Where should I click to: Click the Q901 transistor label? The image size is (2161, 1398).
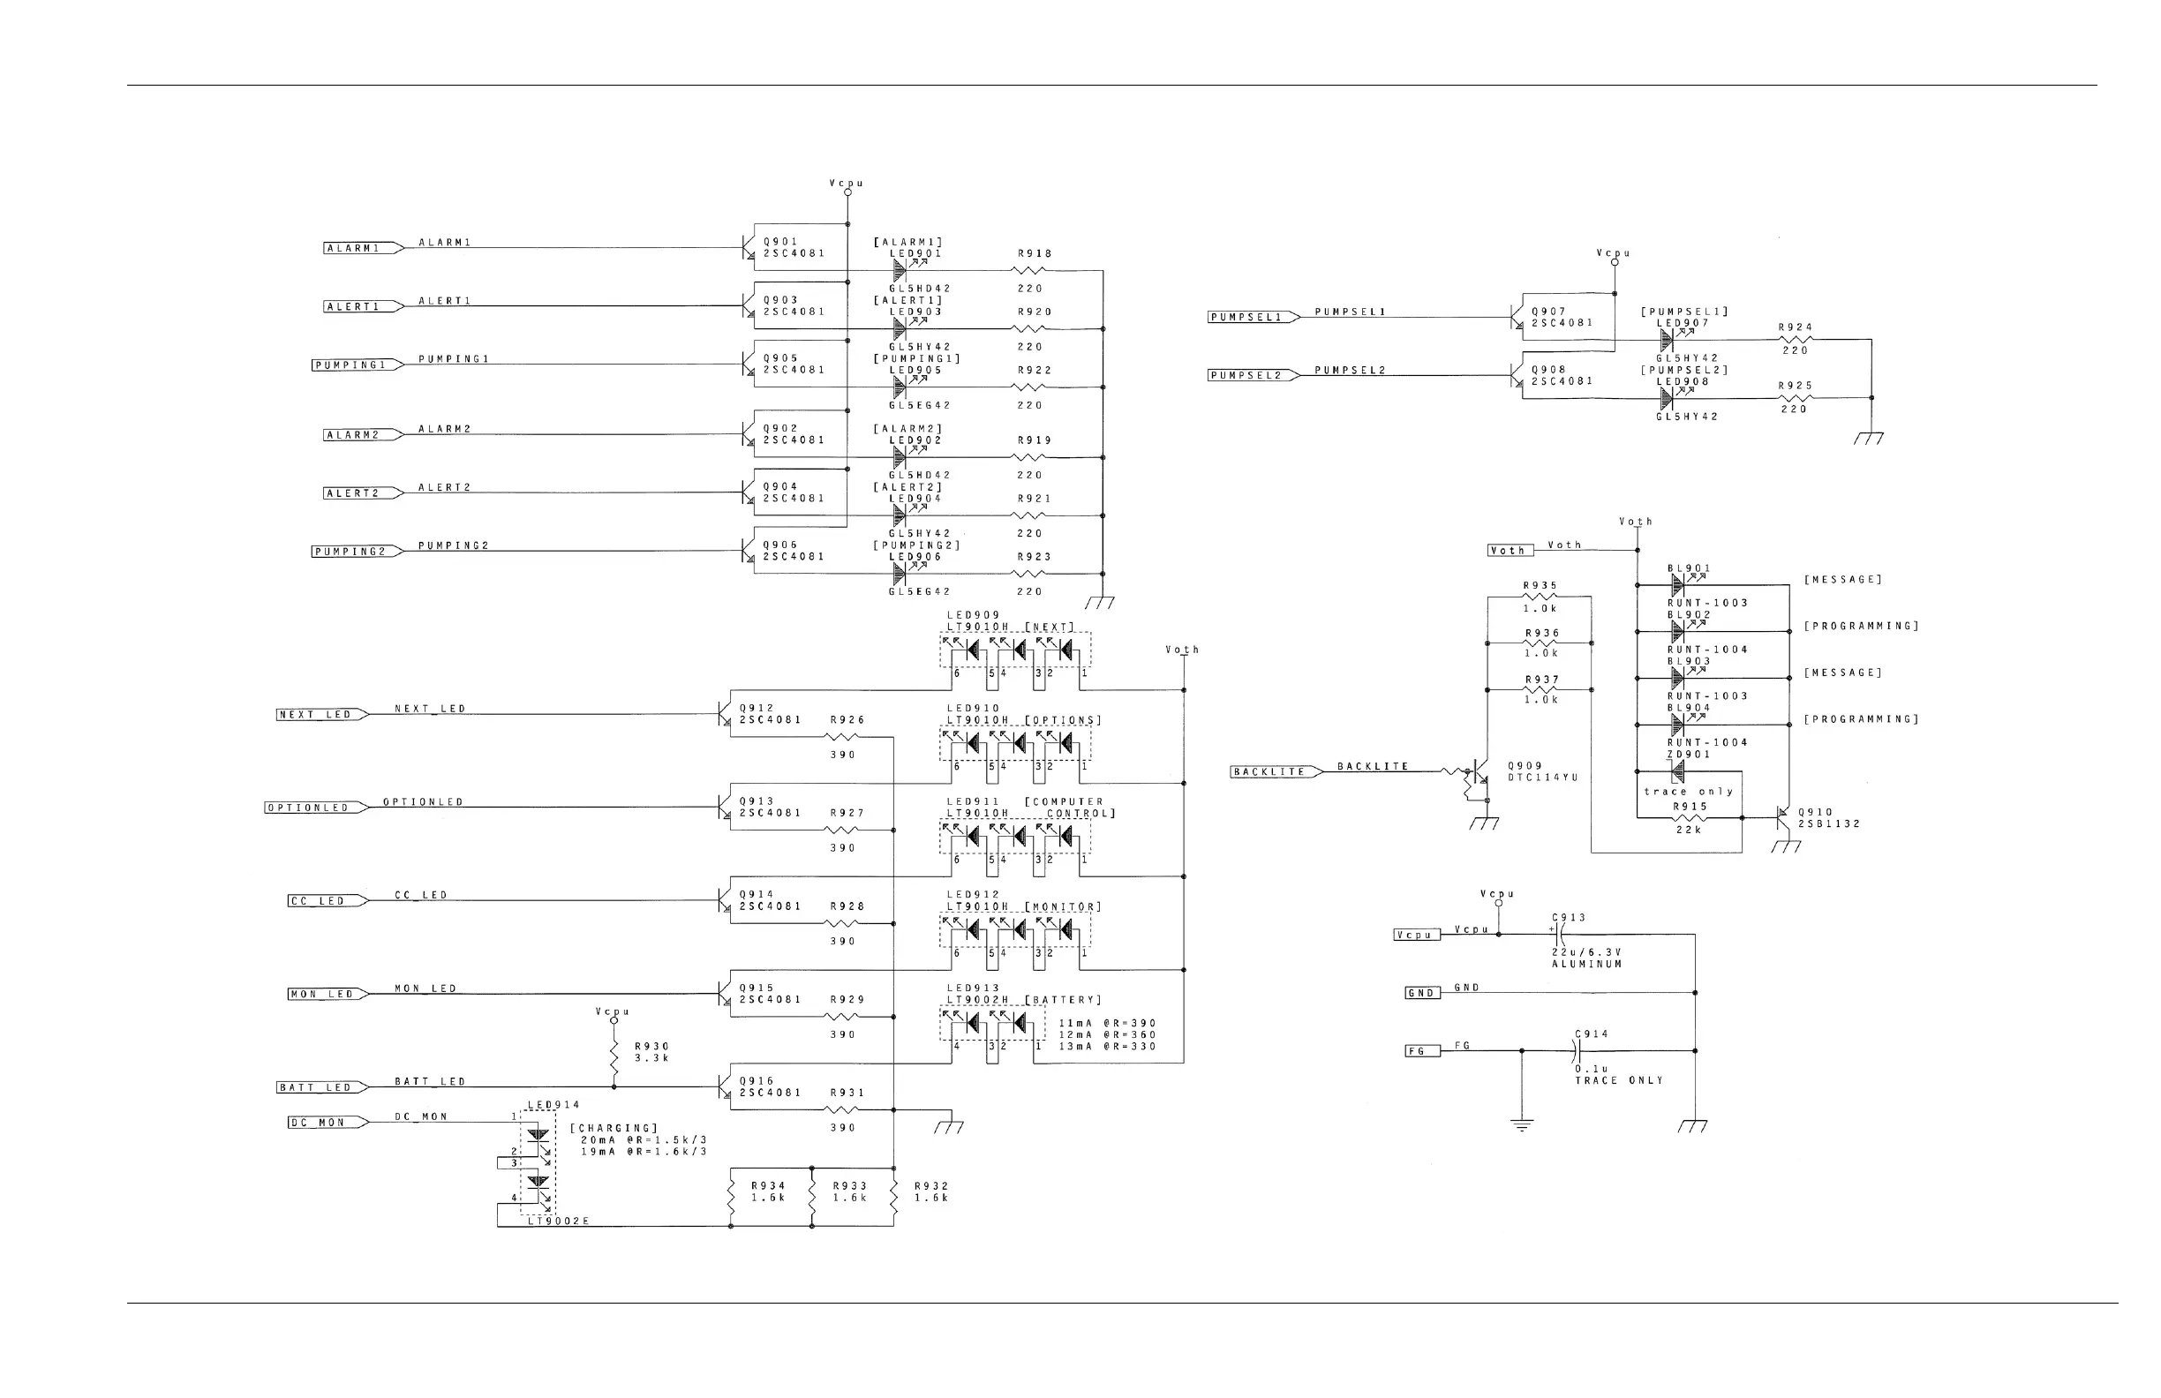point(781,242)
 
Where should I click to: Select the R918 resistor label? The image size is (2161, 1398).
point(1035,254)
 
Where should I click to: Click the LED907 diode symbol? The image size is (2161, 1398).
point(1667,340)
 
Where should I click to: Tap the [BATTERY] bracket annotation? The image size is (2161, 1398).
point(1063,999)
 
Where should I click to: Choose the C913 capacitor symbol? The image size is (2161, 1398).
point(1558,934)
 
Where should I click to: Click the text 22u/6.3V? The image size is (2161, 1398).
point(1586,952)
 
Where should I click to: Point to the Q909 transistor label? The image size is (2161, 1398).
point(1525,766)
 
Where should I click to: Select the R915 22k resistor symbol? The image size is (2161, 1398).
point(1689,818)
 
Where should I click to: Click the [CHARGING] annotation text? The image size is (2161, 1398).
point(614,1127)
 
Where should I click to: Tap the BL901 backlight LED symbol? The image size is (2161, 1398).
point(1678,584)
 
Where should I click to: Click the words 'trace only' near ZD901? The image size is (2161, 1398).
point(1688,792)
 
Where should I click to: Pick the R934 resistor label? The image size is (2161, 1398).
point(768,1185)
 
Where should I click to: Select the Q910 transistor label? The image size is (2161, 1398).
point(1815,813)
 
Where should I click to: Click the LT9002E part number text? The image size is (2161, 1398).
point(559,1221)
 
